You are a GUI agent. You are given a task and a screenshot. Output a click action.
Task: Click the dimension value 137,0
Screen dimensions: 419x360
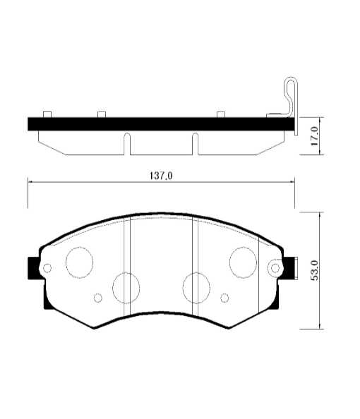[x=160, y=176]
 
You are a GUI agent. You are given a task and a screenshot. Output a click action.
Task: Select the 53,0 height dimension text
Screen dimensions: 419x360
[x=316, y=270]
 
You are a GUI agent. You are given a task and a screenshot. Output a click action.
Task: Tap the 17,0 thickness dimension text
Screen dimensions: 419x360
[x=316, y=136]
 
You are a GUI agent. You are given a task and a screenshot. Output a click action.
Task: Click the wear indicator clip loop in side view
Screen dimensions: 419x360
[x=289, y=92]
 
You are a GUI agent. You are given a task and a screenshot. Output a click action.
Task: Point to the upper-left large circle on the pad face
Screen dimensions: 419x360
[x=79, y=262]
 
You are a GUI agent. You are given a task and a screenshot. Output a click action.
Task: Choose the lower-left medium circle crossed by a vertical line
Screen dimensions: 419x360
[x=126, y=287]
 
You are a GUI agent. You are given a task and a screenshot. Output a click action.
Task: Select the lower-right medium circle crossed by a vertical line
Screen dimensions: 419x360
[x=196, y=287]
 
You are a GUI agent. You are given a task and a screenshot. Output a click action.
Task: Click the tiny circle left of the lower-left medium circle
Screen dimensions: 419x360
[x=99, y=298]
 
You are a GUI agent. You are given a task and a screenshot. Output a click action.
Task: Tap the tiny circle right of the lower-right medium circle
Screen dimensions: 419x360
[x=224, y=297]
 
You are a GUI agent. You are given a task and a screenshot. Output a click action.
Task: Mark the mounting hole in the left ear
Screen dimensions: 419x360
[x=47, y=268]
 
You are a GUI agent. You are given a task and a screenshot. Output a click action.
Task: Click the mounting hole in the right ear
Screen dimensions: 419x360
[x=275, y=267]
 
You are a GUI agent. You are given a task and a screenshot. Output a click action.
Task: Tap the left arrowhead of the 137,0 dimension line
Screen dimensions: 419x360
[x=30, y=182]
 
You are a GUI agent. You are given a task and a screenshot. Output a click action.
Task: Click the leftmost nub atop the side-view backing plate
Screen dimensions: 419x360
[x=47, y=114]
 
